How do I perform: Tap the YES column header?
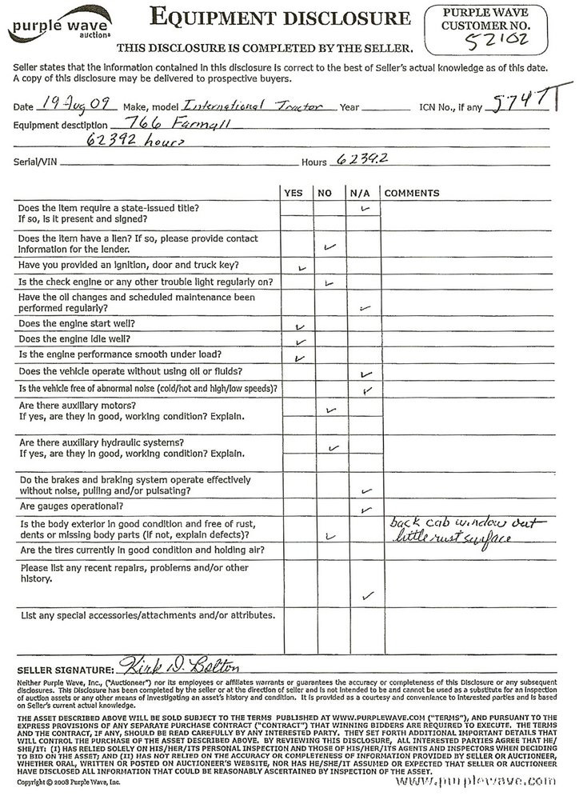293,194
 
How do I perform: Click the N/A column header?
357,194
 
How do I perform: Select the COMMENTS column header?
412,194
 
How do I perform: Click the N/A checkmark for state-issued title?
366,208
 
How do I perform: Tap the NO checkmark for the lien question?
328,247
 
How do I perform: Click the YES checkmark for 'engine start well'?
301,327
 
